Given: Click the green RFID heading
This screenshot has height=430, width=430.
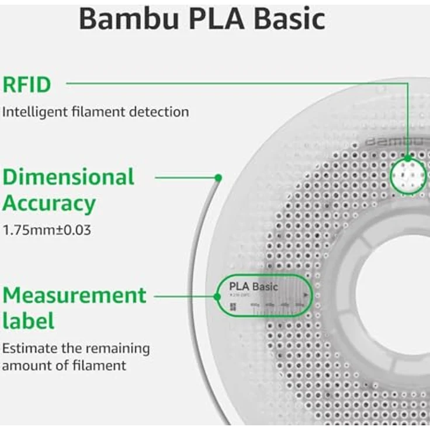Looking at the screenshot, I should point(27,85).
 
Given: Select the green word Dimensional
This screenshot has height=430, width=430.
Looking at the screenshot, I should point(68,177).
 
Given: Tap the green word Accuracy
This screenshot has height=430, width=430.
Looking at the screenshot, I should point(49,203).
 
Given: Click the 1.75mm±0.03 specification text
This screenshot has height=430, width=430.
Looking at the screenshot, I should point(47,230).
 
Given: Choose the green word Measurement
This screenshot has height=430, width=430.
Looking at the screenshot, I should point(74,295).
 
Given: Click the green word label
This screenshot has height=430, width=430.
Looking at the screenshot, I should point(28,321).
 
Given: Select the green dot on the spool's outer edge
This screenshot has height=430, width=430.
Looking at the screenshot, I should point(218,177).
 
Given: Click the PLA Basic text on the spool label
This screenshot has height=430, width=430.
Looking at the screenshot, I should point(254,286).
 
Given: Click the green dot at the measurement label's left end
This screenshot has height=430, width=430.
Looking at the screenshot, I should point(219,296).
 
